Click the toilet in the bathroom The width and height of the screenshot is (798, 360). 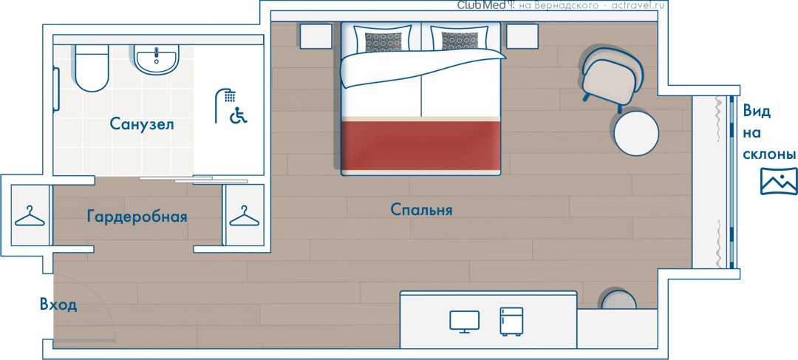tap(92, 68)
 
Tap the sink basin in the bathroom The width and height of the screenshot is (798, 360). tap(157, 59)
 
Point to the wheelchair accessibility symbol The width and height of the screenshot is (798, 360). tap(238, 115)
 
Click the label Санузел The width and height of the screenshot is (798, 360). tap(142, 124)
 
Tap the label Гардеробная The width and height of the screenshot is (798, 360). tap(137, 217)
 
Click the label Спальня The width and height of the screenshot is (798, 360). tap(421, 209)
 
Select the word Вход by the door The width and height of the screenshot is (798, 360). tap(58, 305)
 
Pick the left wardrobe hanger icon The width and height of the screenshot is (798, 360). tap(30, 216)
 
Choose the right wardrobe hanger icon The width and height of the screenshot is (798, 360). tap(245, 216)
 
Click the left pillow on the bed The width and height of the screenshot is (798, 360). tap(383, 40)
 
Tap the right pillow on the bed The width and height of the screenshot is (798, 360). tap(460, 39)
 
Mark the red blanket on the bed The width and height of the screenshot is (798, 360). tap(421, 145)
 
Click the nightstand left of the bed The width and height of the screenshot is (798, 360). tap(316, 36)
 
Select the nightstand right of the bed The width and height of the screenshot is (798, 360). tap(522, 36)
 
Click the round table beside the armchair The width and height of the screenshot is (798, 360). tap(636, 133)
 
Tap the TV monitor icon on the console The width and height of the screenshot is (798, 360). tap(464, 322)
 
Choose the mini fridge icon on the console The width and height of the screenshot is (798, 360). tap(511, 322)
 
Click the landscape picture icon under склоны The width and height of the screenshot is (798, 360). tap(779, 181)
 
